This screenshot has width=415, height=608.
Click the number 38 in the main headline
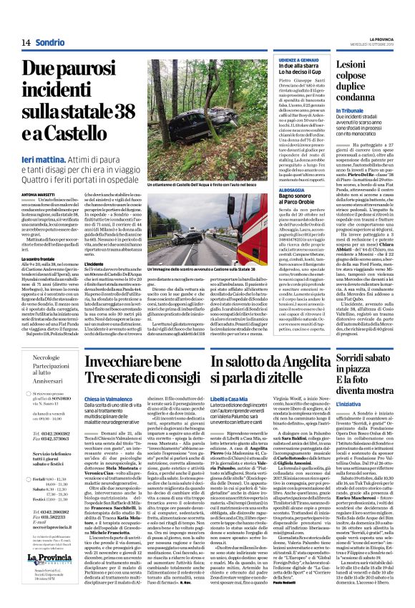point(117,108)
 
